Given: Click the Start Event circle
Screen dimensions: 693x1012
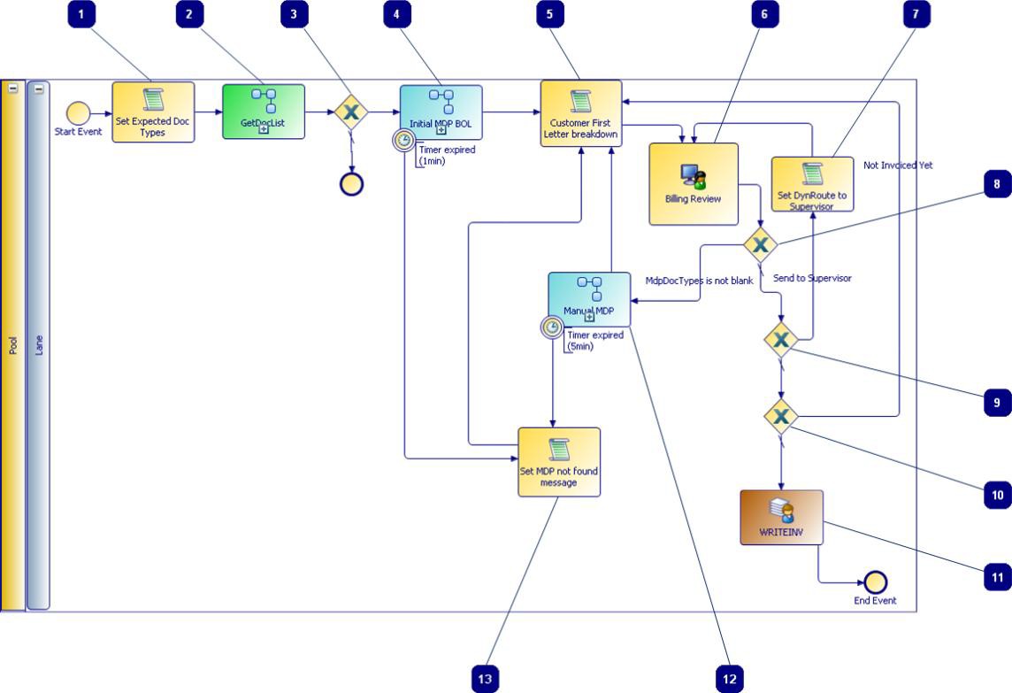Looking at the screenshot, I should point(78,113).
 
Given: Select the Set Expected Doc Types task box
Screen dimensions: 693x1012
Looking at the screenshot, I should point(153,112).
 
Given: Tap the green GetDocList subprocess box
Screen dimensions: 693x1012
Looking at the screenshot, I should point(264,112).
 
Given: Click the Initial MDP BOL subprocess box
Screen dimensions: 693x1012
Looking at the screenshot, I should point(441,112).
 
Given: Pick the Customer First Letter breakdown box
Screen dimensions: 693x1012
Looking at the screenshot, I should point(581,113).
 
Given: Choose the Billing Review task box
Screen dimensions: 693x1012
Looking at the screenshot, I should point(694,184).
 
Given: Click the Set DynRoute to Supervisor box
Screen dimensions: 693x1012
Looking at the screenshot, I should point(812,184).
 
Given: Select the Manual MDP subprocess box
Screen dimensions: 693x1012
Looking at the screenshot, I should point(589,299).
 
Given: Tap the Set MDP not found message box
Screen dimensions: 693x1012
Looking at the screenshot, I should point(558,462).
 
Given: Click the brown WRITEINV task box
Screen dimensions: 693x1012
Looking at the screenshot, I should point(781,518).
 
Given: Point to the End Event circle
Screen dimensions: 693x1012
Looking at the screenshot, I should point(875,582).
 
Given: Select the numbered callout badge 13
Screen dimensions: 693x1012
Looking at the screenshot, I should point(485,679).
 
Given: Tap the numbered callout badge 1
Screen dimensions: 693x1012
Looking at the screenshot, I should point(81,14).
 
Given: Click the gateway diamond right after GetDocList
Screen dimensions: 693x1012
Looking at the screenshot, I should point(352,112).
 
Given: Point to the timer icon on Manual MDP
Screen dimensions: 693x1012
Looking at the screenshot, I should point(552,328).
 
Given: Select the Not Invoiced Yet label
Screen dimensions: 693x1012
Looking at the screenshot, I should point(898,166).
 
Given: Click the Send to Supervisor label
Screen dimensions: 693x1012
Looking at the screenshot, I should point(812,278).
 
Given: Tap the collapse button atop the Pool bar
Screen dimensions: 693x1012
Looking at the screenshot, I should point(13,89).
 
